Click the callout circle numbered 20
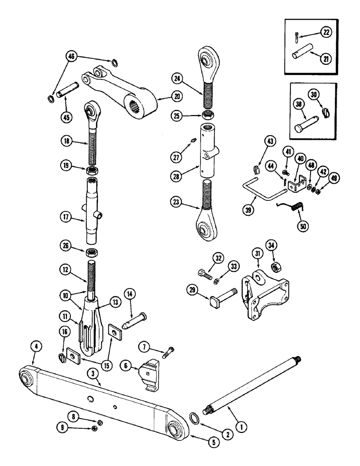pyautogui.click(x=165, y=97)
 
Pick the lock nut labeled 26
pyautogui.click(x=91, y=253)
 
